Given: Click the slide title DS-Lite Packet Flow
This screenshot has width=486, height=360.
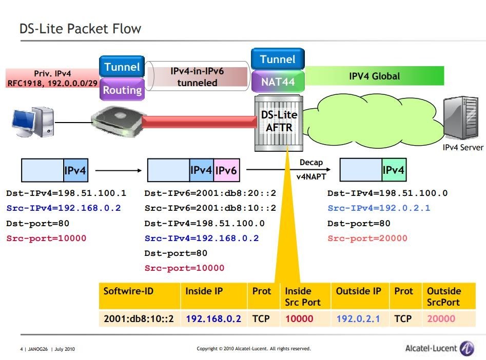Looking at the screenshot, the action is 80,29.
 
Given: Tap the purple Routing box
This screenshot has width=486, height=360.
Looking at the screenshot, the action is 122,89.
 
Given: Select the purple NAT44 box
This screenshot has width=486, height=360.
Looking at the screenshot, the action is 278,82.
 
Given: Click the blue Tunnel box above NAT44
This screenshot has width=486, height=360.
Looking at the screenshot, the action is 278,59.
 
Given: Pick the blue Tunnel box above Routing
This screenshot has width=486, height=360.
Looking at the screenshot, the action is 122,67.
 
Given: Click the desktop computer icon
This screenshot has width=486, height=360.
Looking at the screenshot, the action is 33,122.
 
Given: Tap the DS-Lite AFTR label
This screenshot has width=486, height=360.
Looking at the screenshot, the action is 279,121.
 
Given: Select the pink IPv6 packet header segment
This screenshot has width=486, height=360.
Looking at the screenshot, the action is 226,170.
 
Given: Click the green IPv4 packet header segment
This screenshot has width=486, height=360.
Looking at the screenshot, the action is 394,170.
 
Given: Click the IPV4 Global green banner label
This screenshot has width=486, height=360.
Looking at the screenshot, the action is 375,76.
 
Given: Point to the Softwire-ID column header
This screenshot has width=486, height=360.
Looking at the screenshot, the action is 128,291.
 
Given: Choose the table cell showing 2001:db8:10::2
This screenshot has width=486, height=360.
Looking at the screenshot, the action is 139,318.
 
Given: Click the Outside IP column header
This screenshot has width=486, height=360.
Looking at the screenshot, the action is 359,291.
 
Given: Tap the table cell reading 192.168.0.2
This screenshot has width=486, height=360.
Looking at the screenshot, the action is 213,318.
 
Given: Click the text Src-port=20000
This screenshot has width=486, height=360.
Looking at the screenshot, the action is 367,238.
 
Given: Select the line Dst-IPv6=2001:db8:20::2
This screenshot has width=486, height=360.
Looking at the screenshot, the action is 210,193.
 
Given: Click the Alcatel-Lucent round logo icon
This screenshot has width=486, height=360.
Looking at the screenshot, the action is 467,348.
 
